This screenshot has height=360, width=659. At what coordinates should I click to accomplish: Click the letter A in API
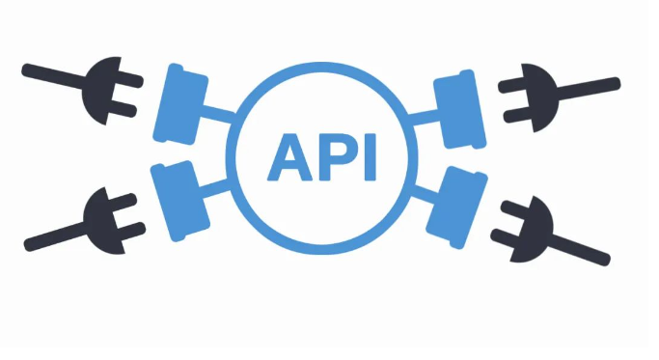click(x=290, y=157)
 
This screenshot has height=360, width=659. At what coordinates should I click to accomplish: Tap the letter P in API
click(x=340, y=157)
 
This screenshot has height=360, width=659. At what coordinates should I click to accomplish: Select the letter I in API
click(x=371, y=157)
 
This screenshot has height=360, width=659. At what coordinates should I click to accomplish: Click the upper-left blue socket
click(x=180, y=104)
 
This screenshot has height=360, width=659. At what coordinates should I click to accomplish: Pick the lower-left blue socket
click(x=179, y=201)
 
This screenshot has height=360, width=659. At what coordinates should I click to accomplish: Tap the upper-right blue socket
click(x=460, y=109)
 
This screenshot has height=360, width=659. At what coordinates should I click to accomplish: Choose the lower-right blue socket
click(x=456, y=208)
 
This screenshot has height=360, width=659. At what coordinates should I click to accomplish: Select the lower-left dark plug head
click(x=104, y=221)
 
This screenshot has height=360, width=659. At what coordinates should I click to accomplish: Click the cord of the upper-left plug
click(x=53, y=75)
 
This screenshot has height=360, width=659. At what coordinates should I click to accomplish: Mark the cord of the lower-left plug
click(x=55, y=236)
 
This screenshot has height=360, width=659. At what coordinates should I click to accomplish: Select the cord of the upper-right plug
click(x=589, y=89)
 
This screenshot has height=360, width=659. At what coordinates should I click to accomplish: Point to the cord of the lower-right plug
click(x=580, y=250)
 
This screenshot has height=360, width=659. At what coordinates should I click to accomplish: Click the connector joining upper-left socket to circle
click(x=219, y=114)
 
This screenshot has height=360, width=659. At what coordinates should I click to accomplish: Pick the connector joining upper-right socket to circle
click(x=424, y=117)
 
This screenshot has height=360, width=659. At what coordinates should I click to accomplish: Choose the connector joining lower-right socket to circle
click(x=426, y=194)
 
